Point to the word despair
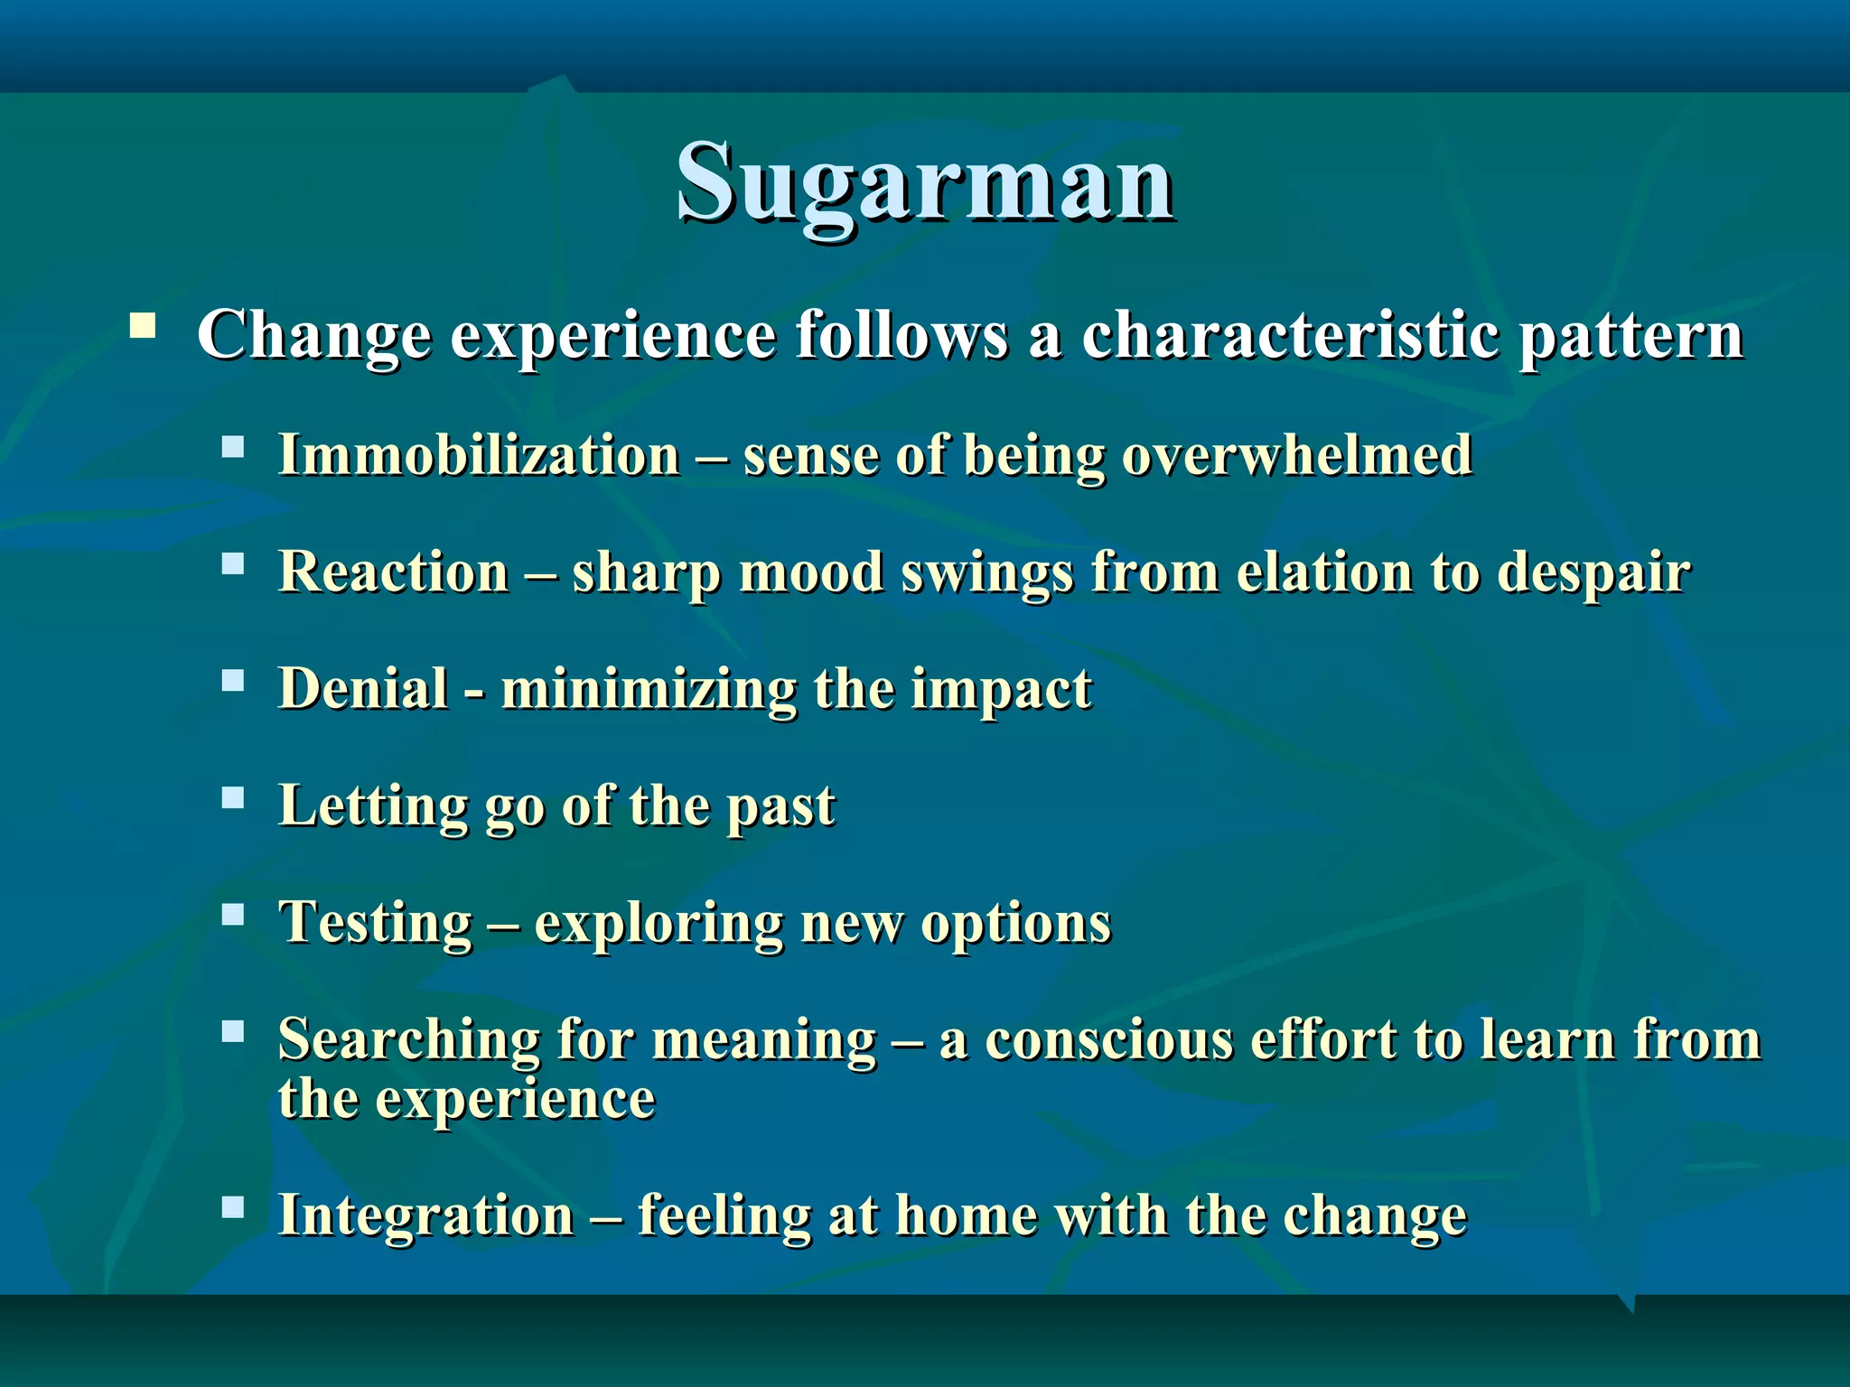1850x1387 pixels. [1593, 574]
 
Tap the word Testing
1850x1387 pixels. [376, 924]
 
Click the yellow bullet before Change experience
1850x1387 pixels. [143, 325]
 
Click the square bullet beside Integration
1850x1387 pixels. [233, 1207]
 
